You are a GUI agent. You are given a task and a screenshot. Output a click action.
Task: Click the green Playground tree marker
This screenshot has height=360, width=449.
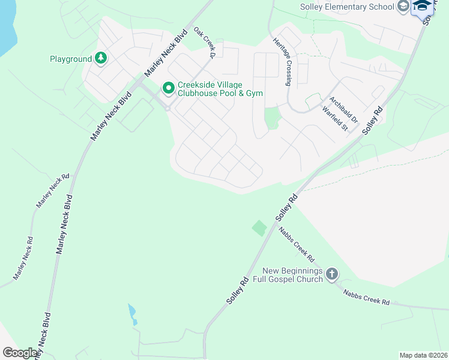coord(101,58)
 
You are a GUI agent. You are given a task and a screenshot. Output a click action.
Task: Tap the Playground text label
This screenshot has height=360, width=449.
coord(70,59)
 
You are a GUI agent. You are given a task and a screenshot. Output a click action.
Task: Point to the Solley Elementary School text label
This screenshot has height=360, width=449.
coord(346,7)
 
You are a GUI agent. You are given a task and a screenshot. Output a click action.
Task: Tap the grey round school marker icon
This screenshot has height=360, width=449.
coord(403,7)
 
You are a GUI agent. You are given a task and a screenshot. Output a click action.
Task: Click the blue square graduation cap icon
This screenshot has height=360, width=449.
coord(423,6)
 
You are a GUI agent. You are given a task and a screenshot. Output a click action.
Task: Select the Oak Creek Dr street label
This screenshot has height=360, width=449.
coord(204,43)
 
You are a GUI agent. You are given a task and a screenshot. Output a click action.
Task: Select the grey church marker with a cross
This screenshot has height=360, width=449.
coord(332,275)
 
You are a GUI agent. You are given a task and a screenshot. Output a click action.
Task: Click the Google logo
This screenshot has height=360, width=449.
coord(20,352)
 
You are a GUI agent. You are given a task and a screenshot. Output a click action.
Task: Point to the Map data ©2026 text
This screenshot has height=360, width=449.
coord(423,355)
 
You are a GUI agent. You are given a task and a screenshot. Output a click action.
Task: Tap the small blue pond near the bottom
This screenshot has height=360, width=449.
coord(132,313)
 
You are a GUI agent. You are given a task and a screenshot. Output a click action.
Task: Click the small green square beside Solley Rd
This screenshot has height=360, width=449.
coord(259,228)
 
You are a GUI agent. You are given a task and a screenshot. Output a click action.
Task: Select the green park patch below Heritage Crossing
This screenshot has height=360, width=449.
coord(272,118)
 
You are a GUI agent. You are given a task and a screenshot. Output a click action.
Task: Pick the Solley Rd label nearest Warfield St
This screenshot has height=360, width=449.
coord(372,120)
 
